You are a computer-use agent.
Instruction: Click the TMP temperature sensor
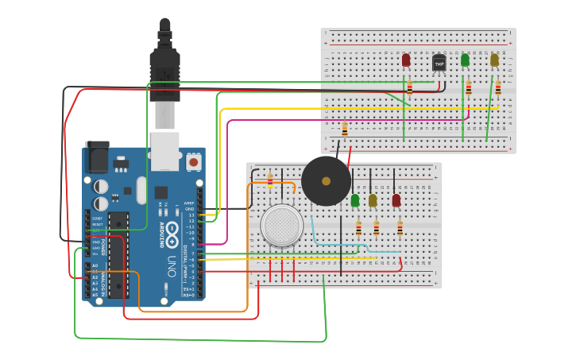439,63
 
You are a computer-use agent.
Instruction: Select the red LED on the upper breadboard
406,60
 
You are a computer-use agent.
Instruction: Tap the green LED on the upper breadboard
465,60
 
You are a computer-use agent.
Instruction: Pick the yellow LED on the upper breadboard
494,60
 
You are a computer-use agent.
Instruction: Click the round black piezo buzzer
326,180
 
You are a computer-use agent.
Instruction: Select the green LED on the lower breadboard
354,200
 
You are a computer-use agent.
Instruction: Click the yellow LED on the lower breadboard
373,200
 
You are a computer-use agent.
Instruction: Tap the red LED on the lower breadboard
396,200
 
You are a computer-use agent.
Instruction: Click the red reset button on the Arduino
193,162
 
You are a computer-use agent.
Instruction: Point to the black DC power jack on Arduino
97,157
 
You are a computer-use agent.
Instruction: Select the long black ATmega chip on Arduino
118,254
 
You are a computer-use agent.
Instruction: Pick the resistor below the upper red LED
409,87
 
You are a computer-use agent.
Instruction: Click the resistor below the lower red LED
400,229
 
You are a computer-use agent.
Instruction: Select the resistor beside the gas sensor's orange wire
270,180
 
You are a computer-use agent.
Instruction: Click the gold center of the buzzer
326,181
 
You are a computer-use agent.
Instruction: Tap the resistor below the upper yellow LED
497,87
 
